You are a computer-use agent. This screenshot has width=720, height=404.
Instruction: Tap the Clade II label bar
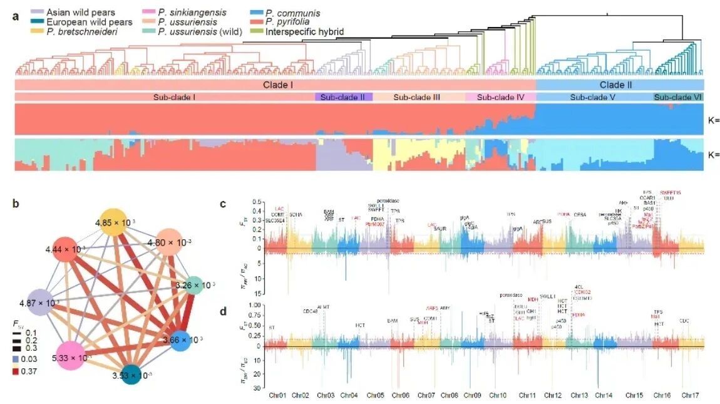click(x=620, y=84)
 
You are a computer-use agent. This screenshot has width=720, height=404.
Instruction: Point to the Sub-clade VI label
click(x=678, y=97)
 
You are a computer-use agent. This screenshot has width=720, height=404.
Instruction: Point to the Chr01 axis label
click(x=277, y=396)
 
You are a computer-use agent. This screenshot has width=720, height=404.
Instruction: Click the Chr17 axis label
click(x=690, y=396)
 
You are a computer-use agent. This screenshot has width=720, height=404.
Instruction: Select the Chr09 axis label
click(x=473, y=396)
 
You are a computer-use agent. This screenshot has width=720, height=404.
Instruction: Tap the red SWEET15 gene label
click(x=671, y=192)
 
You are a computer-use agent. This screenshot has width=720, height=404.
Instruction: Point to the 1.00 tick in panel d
click(x=257, y=305)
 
